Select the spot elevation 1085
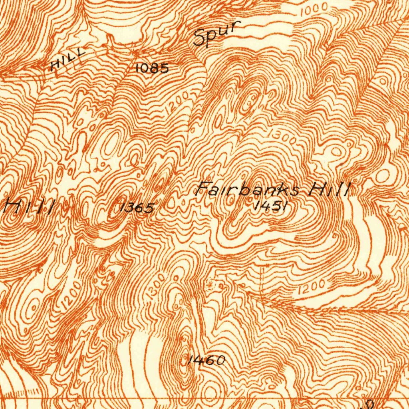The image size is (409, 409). click(152, 68)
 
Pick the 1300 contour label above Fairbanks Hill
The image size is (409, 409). click(282, 136)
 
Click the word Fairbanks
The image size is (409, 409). click(248, 189)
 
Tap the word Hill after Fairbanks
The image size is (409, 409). click(330, 189)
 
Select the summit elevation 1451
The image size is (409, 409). click(271, 206)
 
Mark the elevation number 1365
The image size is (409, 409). click(137, 208)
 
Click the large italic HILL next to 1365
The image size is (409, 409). click(29, 207)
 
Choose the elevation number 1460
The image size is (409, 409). click(206, 361)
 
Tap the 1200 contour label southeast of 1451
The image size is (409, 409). click(312, 287)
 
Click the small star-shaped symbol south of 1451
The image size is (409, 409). click(210, 284)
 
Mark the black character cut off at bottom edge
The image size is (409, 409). click(368, 405)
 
